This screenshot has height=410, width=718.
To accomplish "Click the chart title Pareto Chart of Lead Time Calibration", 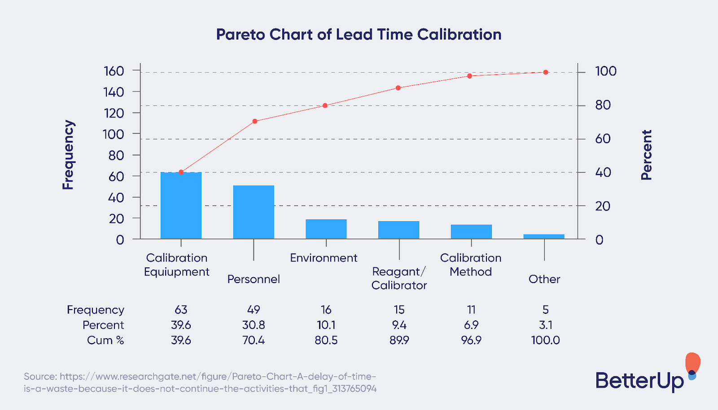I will pos(359,35).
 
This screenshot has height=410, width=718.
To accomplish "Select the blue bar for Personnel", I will pos(254,212).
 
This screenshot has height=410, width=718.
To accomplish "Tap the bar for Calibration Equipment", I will pos(181,205).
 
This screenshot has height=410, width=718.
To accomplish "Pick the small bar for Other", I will pos(544,236).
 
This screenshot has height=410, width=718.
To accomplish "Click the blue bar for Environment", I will pos(326,229).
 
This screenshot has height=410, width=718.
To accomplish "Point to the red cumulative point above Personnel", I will pos(255,121).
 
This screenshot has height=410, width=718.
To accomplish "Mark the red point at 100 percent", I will pos(546,72).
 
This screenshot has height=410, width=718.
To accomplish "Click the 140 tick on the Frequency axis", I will pos(114,92).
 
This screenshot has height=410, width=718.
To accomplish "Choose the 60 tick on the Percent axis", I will pos(603,139).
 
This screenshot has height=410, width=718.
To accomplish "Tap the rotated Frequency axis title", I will pos(68,155).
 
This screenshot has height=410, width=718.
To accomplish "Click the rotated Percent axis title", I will pos(646,155).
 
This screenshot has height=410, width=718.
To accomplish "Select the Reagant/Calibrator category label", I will pos(399,278).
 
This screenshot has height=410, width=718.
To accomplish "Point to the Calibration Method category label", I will pos(471,265).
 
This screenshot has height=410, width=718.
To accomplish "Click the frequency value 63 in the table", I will pos(181,310).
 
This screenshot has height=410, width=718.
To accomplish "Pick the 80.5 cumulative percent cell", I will pos(326,340).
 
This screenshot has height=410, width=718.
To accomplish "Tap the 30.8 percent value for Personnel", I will pos(254,325).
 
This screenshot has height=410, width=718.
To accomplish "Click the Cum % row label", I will pos(105,340).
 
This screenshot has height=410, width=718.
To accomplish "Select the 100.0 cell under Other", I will pos(545,340).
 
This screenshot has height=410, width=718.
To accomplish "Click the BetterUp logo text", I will pos(639,380).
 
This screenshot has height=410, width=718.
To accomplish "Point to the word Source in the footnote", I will pos(40,376).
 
